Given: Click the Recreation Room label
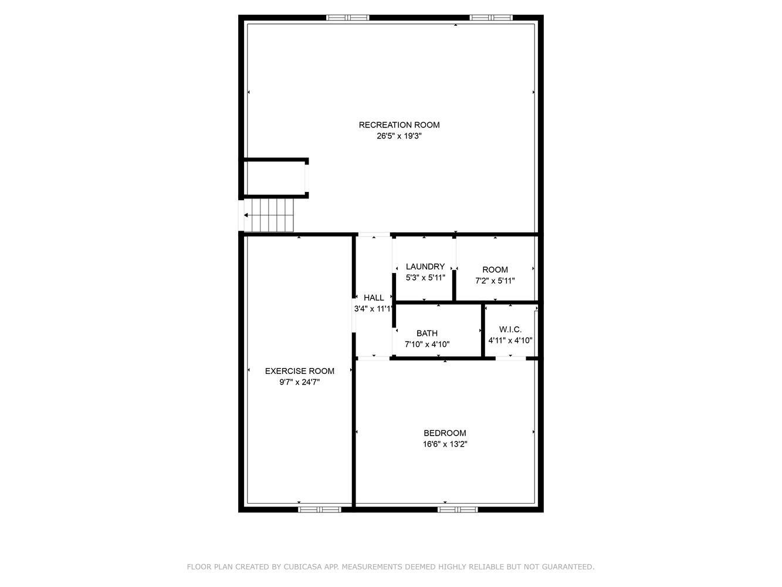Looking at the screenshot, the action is (x=399, y=125).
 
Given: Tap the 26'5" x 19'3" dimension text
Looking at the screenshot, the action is (x=399, y=136).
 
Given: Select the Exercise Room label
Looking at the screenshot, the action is (x=300, y=371).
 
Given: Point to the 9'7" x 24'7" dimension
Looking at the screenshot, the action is (x=300, y=382).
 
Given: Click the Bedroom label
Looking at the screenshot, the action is (x=445, y=433).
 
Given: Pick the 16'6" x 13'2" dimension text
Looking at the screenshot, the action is (x=445, y=444).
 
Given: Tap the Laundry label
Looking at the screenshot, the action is (x=425, y=266).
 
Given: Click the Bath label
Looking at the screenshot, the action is (x=427, y=333).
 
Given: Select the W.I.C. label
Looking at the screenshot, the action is (x=510, y=329).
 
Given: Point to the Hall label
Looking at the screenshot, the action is (x=374, y=298).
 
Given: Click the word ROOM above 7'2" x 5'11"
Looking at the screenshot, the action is (x=495, y=270).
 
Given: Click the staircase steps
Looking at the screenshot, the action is (x=269, y=215).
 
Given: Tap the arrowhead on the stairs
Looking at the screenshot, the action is (x=246, y=215).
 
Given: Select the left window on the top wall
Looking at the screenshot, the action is (x=348, y=18).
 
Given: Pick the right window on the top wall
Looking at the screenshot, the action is (x=491, y=18).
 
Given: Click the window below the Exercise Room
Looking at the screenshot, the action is (x=320, y=510).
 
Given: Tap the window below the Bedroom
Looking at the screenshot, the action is (x=458, y=510).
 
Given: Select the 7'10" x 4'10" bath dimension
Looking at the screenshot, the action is (x=427, y=345).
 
